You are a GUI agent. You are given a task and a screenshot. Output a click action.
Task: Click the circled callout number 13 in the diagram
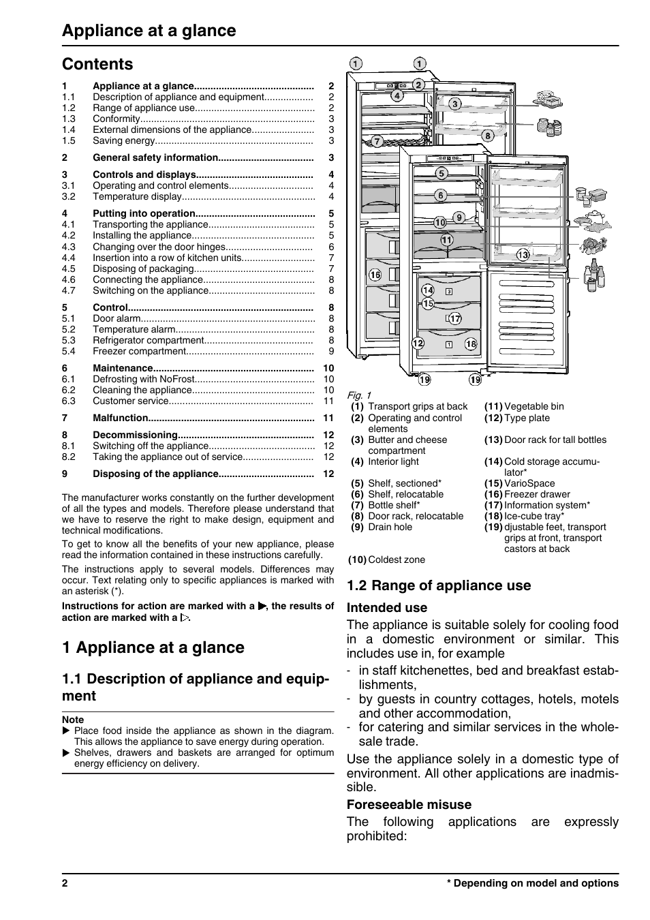click(523, 255)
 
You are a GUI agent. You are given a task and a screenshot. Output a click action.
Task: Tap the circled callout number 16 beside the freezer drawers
click(375, 275)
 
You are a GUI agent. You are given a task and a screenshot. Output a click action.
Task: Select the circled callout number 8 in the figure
click(488, 136)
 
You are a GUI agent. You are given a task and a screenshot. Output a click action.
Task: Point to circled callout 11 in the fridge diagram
click(446, 240)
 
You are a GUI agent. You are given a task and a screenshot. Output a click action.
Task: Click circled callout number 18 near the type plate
click(471, 344)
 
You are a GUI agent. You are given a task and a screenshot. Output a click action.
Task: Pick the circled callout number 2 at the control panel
click(418, 85)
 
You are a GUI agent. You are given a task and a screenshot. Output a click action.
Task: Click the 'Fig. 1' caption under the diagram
click(359, 395)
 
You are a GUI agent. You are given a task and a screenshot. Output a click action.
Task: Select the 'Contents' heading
click(97, 64)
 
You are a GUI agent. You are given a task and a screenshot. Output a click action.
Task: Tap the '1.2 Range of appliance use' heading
click(439, 585)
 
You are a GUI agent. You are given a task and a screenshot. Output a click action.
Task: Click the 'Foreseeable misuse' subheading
click(409, 804)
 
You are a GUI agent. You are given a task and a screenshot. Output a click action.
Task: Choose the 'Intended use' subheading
click(387, 608)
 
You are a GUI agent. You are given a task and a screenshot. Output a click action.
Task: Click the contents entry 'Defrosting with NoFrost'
click(144, 379)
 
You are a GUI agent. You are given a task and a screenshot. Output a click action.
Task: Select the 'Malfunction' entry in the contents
click(120, 418)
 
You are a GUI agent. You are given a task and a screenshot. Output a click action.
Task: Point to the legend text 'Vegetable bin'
click(533, 407)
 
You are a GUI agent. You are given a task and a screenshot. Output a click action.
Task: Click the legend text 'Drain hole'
click(390, 527)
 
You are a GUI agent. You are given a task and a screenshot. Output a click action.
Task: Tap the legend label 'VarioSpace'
click(529, 483)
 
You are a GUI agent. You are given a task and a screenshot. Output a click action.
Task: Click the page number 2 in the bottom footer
click(65, 883)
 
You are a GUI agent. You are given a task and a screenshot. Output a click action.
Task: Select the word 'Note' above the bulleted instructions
click(73, 720)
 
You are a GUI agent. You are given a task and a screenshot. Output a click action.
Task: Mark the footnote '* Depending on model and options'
click(532, 883)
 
